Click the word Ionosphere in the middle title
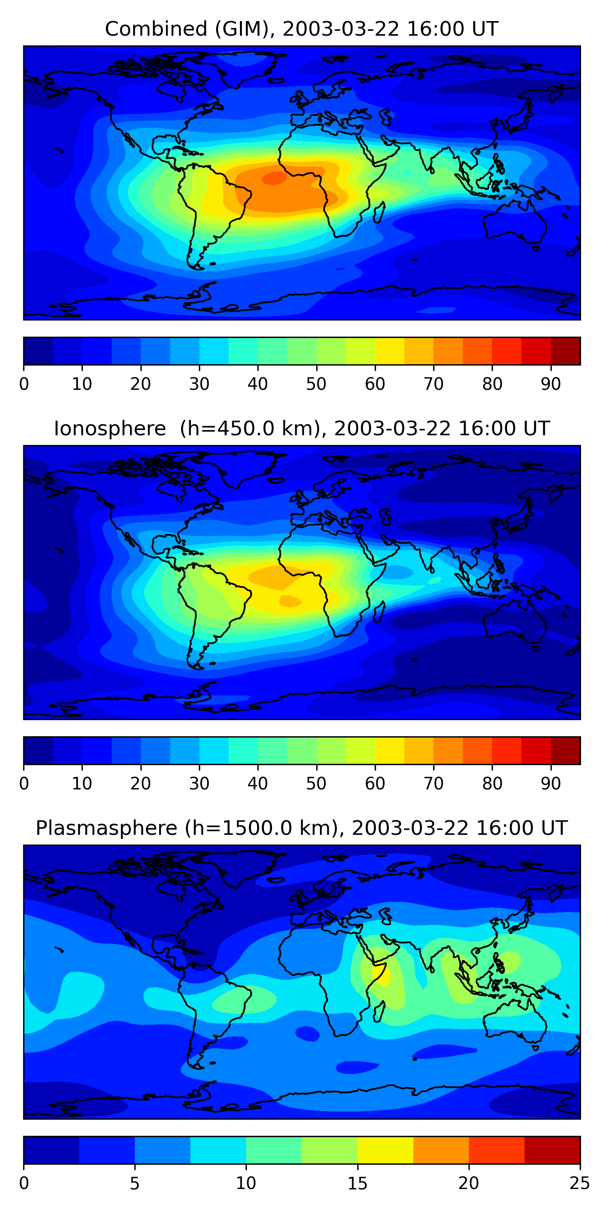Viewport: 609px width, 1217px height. (110, 429)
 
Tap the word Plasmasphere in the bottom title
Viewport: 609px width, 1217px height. (106, 828)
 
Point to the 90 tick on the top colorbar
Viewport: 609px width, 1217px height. (551, 384)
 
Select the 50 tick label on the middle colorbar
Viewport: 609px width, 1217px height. (316, 783)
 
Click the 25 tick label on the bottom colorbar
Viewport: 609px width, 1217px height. (580, 1183)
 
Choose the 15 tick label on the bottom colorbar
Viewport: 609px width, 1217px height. (357, 1183)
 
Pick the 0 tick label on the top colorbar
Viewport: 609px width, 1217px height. (24, 384)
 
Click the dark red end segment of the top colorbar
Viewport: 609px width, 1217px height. (566, 351)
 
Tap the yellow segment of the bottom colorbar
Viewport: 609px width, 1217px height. (385, 1150)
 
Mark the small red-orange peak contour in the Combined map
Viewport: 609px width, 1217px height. (274, 178)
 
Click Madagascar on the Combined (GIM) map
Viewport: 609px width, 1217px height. (380, 213)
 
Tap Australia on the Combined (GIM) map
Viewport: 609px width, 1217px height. (515, 227)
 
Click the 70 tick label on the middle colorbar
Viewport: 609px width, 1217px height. (434, 783)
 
